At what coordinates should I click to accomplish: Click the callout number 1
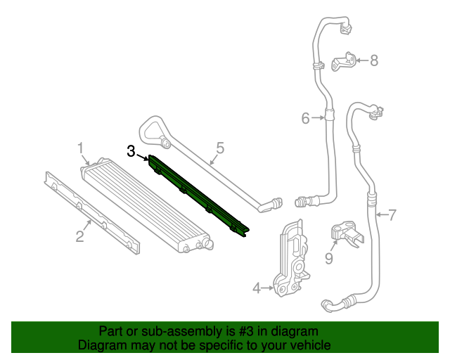81,148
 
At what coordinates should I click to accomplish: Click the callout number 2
80,236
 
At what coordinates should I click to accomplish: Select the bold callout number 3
131,151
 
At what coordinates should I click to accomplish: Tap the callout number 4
257,287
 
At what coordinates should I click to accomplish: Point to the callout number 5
220,148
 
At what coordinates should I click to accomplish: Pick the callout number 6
305,118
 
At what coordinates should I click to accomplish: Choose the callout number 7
392,214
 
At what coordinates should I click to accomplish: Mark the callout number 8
373,60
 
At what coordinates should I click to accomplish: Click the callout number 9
328,258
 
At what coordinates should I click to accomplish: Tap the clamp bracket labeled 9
347,233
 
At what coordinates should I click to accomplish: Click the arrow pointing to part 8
361,61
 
